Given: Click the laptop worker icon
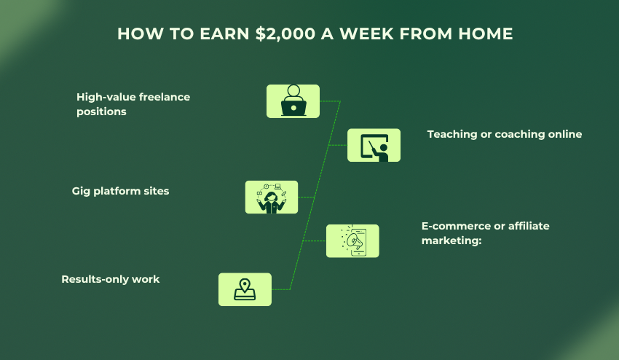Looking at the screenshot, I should pyautogui.click(x=293, y=101).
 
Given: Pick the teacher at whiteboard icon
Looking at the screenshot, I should pyautogui.click(x=374, y=145).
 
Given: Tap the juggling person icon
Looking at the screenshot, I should pyautogui.click(x=272, y=197).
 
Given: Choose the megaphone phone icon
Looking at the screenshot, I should pyautogui.click(x=352, y=240).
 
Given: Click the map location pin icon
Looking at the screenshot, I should pyautogui.click(x=245, y=289).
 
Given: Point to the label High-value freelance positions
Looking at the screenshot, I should pyautogui.click(x=133, y=104).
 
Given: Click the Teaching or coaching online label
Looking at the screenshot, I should pyautogui.click(x=504, y=134).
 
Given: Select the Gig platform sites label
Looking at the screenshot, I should pyautogui.click(x=120, y=191).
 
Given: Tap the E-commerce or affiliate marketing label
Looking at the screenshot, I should pyautogui.click(x=485, y=233).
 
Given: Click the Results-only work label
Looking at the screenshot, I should pyautogui.click(x=110, y=279).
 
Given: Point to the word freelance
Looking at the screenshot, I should pyautogui.click(x=165, y=97).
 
